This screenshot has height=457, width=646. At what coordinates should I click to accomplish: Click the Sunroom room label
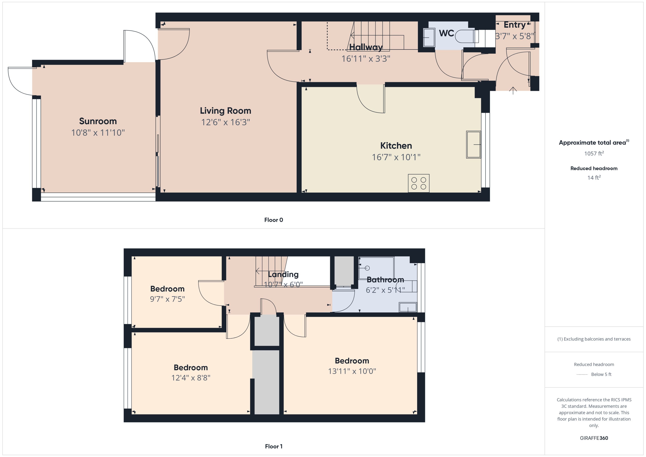pyautogui.click(x=98, y=121)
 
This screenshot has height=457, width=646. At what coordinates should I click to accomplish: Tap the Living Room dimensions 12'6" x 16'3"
pyautogui.click(x=226, y=122)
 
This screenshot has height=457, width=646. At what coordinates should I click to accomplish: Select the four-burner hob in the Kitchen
pyautogui.click(x=419, y=183)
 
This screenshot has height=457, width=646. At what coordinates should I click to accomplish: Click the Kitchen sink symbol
pyautogui.click(x=473, y=144)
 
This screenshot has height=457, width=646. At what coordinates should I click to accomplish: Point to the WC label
pyautogui.click(x=446, y=33)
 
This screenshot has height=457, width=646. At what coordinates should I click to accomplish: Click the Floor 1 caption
pyautogui.click(x=273, y=446)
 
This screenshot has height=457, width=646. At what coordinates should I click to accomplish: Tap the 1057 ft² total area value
pyautogui.click(x=594, y=153)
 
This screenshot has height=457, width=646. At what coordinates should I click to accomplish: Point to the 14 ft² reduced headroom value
pyautogui.click(x=594, y=177)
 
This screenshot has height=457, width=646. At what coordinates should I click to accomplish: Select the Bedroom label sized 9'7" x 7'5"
pyautogui.click(x=167, y=289)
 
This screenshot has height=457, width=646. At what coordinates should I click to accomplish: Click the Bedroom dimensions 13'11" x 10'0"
pyautogui.click(x=352, y=371)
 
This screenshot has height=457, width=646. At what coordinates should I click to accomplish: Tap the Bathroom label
pyautogui.click(x=385, y=280)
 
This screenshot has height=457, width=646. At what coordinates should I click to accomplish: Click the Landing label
pyautogui.click(x=283, y=274)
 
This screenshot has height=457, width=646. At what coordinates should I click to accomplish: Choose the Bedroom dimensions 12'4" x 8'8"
pyautogui.click(x=190, y=378)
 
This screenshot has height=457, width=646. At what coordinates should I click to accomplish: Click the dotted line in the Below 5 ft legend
pyautogui.click(x=582, y=375)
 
